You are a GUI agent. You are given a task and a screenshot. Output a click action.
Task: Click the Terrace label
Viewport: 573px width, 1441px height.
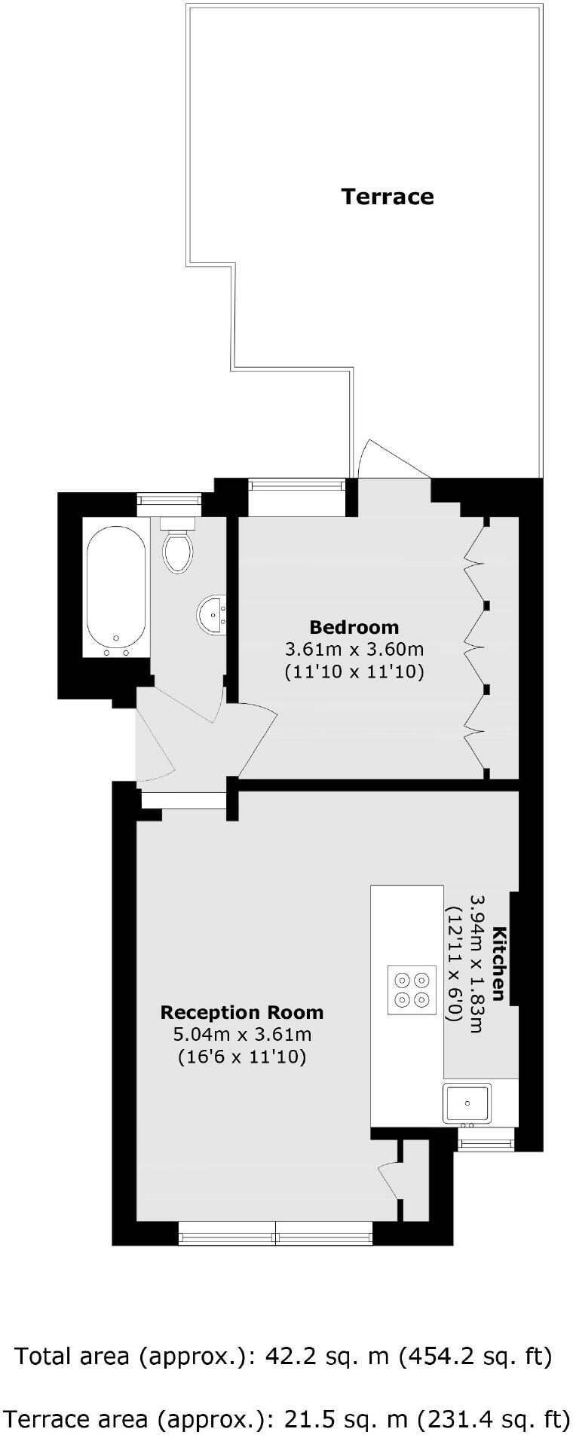click(387, 197)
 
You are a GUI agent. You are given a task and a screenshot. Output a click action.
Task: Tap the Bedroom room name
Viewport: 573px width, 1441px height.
click(354, 626)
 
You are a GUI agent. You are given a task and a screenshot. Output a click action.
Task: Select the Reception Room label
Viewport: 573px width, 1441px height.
click(241, 1012)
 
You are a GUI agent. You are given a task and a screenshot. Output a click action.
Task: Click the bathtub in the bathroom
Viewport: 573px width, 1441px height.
click(116, 588)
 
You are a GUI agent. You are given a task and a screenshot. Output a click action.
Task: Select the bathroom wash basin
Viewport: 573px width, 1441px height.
click(212, 614)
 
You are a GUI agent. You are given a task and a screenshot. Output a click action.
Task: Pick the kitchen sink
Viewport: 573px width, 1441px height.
click(467, 1103)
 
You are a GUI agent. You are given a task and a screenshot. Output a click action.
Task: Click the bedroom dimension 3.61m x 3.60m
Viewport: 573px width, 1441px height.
click(354, 649)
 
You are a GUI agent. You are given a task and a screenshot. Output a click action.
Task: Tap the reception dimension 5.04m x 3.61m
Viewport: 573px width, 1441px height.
click(241, 1035)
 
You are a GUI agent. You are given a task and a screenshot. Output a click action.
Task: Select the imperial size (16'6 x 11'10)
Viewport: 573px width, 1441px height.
click(241, 1057)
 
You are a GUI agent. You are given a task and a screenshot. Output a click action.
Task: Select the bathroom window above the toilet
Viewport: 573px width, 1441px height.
click(169, 499)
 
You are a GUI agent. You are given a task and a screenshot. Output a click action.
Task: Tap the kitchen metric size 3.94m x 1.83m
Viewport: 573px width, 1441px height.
click(476, 963)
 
